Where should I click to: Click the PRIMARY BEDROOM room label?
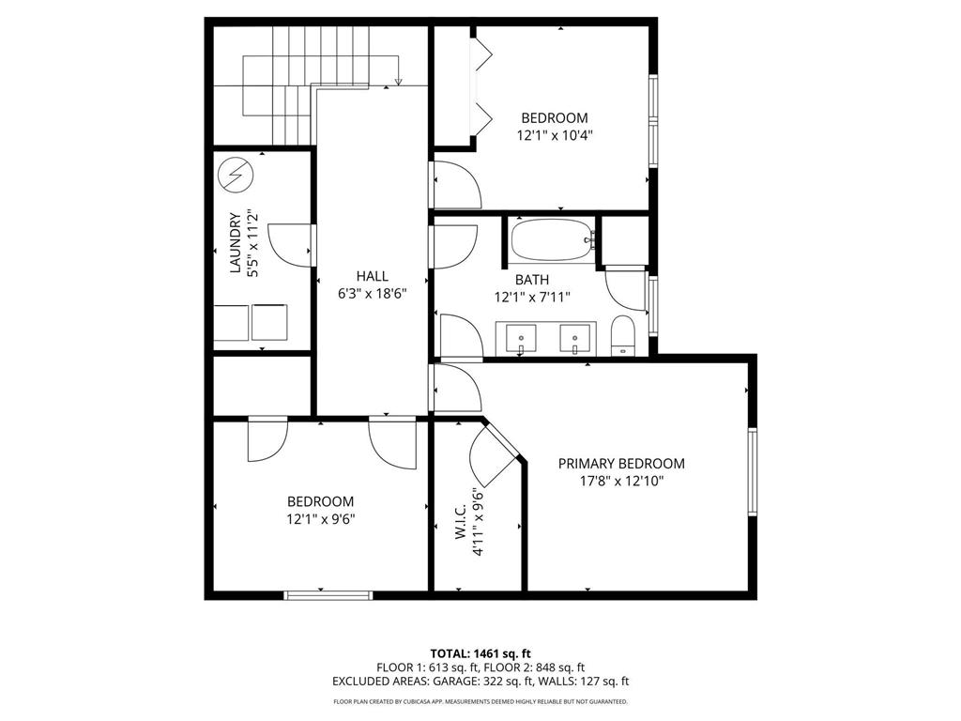pos(621,464)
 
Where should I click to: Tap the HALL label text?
pos(372,276)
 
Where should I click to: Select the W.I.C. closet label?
pos(461,522)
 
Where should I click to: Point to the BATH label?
pos(531,280)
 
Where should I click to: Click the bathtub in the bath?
pos(551,239)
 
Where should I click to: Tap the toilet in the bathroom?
pos(624,335)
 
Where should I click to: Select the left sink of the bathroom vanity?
pos(521,337)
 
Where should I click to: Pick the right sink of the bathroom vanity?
pos(575,337)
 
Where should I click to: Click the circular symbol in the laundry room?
pos(236,175)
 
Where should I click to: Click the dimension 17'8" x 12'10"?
pos(621,481)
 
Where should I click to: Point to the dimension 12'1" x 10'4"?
pos(555,135)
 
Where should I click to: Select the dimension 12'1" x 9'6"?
pos(321,518)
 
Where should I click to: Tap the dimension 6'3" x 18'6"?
pos(372,293)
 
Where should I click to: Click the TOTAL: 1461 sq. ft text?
pos(480,652)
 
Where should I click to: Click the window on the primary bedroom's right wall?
pos(752,472)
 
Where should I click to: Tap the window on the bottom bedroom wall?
pos(328,594)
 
